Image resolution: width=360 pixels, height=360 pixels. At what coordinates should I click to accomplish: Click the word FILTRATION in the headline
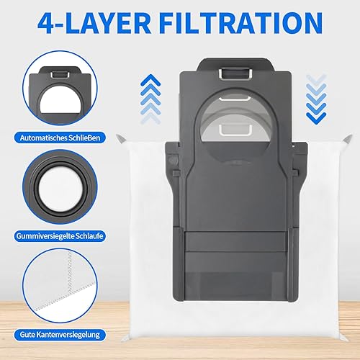click(x=241, y=23)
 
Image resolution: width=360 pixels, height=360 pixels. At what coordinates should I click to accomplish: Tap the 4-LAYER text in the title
click(x=94, y=23)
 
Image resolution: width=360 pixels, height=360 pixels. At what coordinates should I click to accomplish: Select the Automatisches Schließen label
click(x=60, y=138)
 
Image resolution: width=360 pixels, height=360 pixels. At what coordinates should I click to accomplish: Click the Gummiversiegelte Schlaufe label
click(x=60, y=236)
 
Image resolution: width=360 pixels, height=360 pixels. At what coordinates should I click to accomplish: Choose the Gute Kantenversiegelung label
click(x=60, y=335)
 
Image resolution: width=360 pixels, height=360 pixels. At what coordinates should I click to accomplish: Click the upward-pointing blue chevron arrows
click(x=150, y=99)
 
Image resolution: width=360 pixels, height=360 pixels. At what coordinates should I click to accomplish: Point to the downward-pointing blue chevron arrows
click(x=316, y=99)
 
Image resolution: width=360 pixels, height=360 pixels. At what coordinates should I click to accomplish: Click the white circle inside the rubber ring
click(x=60, y=188)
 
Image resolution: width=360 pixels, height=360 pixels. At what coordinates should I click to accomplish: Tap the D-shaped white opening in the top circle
click(x=60, y=100)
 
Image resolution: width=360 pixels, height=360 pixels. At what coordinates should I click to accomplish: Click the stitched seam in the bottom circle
click(x=71, y=276)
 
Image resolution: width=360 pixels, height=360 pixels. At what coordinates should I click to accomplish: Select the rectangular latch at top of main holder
click(x=235, y=73)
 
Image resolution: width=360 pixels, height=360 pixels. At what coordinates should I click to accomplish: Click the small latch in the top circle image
click(x=60, y=75)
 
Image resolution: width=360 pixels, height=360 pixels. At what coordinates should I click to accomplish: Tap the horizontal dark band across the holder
click(x=236, y=242)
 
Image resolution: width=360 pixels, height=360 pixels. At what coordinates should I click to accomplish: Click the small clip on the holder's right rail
click(x=296, y=173)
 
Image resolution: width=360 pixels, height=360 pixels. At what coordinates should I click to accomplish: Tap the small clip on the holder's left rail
click(x=176, y=173)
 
